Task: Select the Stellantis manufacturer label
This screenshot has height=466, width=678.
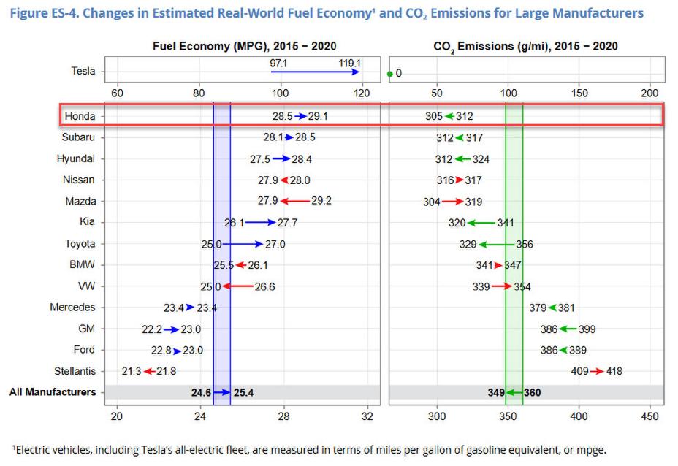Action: (x=75, y=371)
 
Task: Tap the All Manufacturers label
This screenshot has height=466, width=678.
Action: (x=53, y=392)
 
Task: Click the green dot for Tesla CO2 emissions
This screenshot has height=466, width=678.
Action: (x=390, y=73)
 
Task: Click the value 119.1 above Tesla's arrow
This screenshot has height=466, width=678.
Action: (x=349, y=63)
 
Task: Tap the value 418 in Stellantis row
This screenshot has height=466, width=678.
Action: (x=614, y=371)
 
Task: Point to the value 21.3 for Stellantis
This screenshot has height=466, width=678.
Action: (x=132, y=371)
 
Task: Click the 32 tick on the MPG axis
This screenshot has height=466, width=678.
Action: (x=367, y=416)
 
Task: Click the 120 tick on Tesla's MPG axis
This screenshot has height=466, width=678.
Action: (x=362, y=93)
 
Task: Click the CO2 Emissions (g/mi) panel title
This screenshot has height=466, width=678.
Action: (x=525, y=46)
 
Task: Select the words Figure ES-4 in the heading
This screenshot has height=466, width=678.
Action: (x=42, y=12)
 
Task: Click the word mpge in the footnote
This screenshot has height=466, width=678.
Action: (x=593, y=450)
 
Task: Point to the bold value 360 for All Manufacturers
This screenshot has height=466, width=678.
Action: (x=533, y=392)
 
